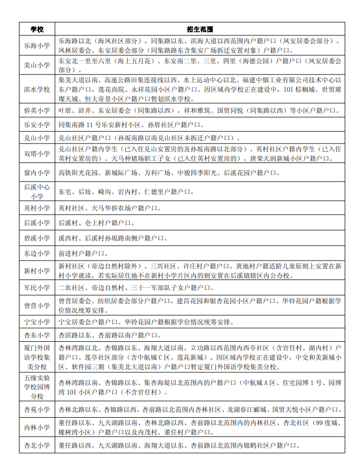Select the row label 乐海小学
[37, 45]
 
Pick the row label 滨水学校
[37, 89]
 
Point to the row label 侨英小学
[37, 110]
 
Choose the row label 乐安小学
[37, 124]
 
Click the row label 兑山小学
[37, 138]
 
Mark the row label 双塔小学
[37, 153]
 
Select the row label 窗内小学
[37, 172]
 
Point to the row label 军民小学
[37, 287]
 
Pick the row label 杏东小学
[37, 335]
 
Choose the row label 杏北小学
[37, 446]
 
